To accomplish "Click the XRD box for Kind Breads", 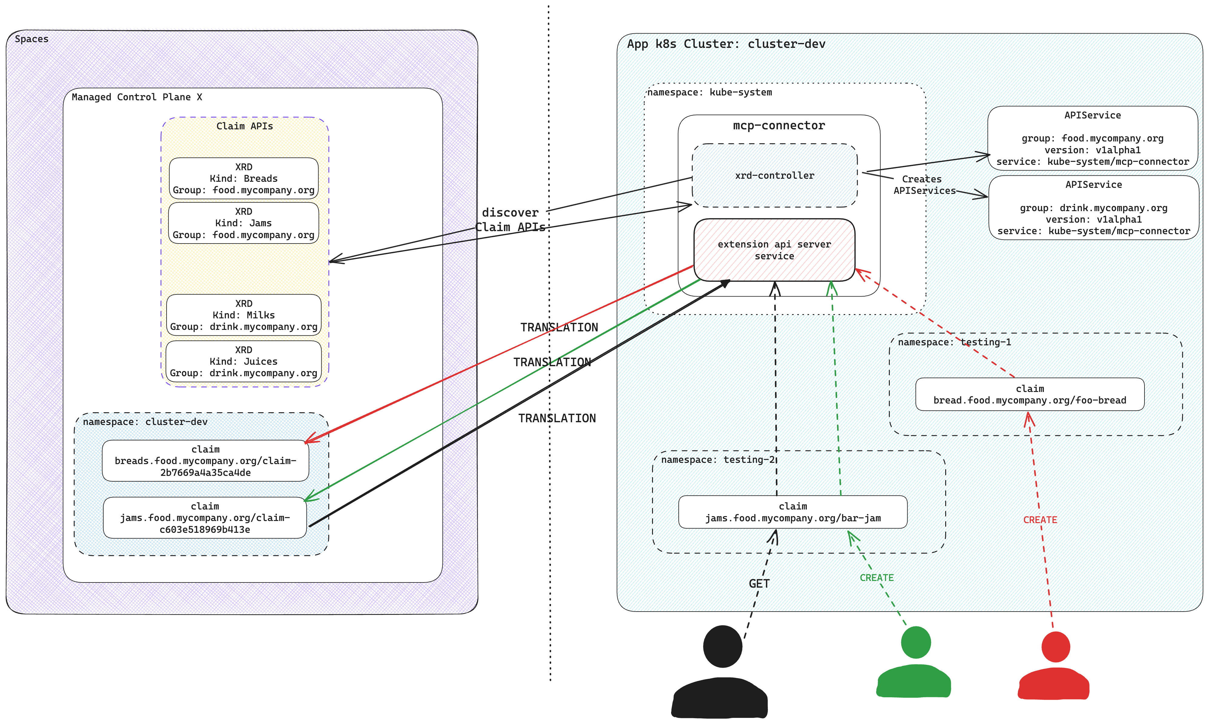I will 243,178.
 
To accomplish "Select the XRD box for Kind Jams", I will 243,223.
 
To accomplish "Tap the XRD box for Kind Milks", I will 243,315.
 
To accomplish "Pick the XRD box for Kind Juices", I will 243,361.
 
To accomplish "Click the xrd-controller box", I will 774,175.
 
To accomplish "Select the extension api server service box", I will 774,250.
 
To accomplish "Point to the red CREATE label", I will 1039,519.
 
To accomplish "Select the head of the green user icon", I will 915,642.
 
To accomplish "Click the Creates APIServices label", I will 922,185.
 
